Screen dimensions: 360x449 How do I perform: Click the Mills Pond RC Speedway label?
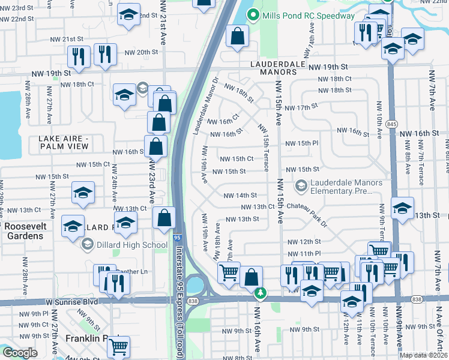pos(309,16)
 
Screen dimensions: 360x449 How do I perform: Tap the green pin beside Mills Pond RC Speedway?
pos(254,16)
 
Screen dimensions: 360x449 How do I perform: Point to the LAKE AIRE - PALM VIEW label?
pos(64,143)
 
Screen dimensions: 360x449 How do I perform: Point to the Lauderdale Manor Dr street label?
pos(204,98)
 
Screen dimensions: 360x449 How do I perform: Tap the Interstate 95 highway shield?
pos(178,238)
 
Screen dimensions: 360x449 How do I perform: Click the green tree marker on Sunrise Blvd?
pos(260,292)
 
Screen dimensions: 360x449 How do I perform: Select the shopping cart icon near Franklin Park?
pos(119,346)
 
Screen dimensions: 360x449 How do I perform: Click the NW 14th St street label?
pos(240,195)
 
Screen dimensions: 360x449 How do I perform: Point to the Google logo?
pos(20,353)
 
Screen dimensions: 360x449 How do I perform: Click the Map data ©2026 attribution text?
pos(424,355)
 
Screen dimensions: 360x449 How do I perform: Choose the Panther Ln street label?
pos(135,271)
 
